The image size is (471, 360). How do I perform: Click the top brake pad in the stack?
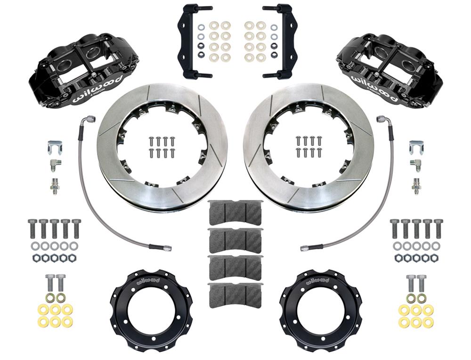tap(235, 212)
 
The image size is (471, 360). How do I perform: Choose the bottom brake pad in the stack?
tap(235, 295)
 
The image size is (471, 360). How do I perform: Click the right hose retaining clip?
tap(414, 147)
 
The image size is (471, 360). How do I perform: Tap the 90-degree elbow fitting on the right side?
tap(415, 164)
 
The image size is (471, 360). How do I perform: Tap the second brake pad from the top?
tap(235, 240)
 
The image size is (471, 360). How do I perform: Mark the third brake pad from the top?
tap(235, 267)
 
